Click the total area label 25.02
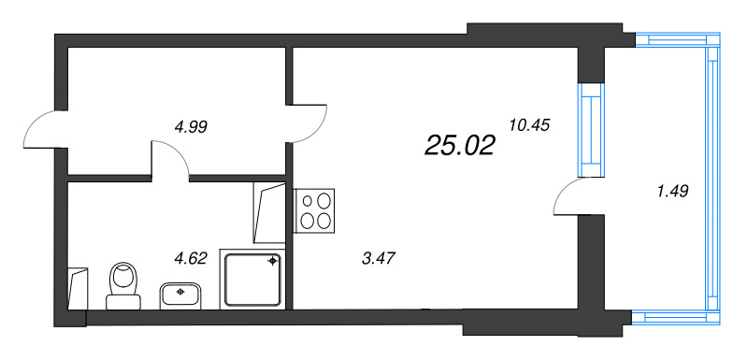point(459,145)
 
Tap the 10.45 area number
point(528,124)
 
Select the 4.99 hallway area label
point(191,127)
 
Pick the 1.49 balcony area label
point(672,192)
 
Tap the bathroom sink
point(181,295)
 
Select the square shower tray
point(252,278)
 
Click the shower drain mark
point(273,261)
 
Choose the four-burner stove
point(315,210)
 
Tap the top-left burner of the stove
point(306,200)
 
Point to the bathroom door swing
point(171,159)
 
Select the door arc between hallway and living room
point(309,122)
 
